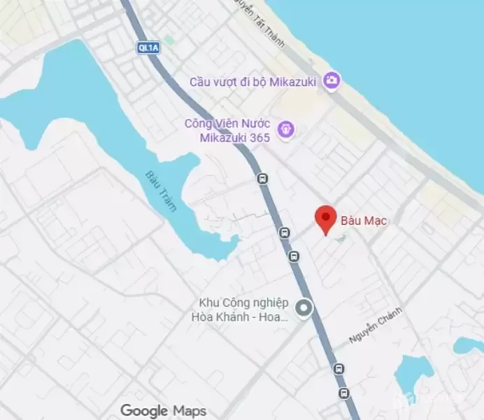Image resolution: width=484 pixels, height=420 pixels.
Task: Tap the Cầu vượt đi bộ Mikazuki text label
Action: coord(252,82)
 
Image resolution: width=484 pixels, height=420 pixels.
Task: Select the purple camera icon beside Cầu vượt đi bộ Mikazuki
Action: coord(332,81)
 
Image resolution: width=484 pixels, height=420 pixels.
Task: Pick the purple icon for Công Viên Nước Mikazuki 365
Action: coord(285,129)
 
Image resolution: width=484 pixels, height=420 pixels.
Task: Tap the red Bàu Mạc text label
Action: coord(364,221)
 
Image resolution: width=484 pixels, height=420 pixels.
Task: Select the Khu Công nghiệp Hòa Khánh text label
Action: coord(243,310)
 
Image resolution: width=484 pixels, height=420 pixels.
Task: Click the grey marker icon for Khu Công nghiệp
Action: coord(304,308)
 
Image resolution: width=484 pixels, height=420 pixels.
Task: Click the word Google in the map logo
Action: coord(145,410)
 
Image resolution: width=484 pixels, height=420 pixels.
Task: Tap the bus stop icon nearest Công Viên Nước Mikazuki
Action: coord(262,178)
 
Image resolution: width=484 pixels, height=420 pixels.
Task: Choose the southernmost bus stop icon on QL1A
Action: coord(344,393)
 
